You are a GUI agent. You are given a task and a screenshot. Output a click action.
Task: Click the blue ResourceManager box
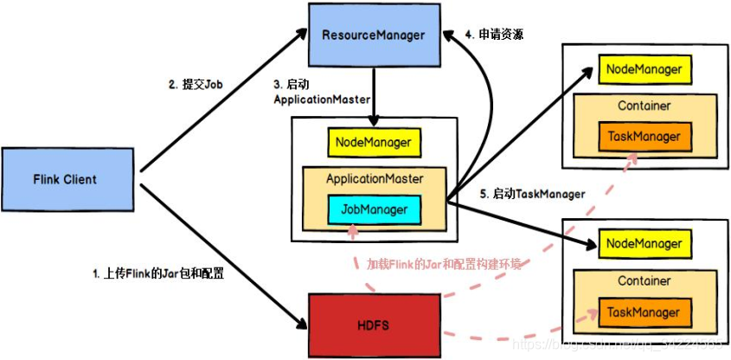click(374, 35)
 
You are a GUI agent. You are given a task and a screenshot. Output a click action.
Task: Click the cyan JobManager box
click(374, 209)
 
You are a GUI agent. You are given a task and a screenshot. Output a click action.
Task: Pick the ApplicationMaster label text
click(374, 179)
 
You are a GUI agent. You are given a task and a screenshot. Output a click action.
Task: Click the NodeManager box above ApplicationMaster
click(374, 142)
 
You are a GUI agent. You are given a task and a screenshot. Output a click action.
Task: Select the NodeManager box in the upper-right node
click(644, 68)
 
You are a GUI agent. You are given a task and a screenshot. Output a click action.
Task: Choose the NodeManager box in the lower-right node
click(644, 244)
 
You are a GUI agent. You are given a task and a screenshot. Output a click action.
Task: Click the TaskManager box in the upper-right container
click(644, 136)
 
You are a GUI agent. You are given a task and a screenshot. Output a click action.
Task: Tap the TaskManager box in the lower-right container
click(644, 312)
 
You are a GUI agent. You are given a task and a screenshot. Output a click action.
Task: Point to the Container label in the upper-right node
click(644, 106)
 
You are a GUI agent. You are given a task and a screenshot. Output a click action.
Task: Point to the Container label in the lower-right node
click(644, 281)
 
